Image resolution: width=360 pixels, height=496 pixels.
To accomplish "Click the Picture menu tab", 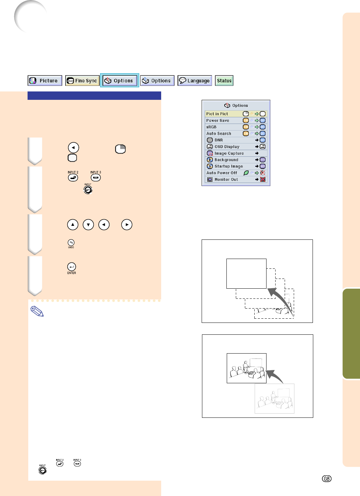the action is coord(45,81).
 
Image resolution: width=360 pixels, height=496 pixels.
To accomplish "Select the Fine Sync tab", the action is coord(82,81).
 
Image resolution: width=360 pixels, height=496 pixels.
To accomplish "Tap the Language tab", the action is coord(195,81).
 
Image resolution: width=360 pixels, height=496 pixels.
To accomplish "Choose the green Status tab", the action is coord(224,81).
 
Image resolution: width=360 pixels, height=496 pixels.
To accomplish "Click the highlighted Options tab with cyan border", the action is coord(120,80).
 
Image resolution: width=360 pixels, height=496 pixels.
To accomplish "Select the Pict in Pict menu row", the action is coord(236,114).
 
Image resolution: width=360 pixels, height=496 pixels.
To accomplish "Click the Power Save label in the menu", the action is coord(218,120).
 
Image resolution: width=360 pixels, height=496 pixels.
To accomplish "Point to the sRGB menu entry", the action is coord(211,127).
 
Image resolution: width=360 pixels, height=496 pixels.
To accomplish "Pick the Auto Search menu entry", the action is coord(219,134).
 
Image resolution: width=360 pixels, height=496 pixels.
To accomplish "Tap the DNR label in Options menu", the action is coord(219,140).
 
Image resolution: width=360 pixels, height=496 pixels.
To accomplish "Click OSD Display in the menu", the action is coord(227,147).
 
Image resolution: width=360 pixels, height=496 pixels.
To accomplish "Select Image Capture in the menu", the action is coord(229,153).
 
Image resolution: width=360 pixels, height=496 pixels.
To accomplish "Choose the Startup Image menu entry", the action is coord(229,166).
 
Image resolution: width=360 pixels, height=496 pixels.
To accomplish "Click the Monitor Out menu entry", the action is coord(226,179).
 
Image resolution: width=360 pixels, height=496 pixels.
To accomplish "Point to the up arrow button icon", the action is coord(73,225).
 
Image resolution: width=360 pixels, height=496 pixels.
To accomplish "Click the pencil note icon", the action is coord(37,311).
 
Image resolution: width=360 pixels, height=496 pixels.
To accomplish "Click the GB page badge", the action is coord(327,479).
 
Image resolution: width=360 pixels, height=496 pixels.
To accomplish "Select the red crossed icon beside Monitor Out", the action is coord(263,179).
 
